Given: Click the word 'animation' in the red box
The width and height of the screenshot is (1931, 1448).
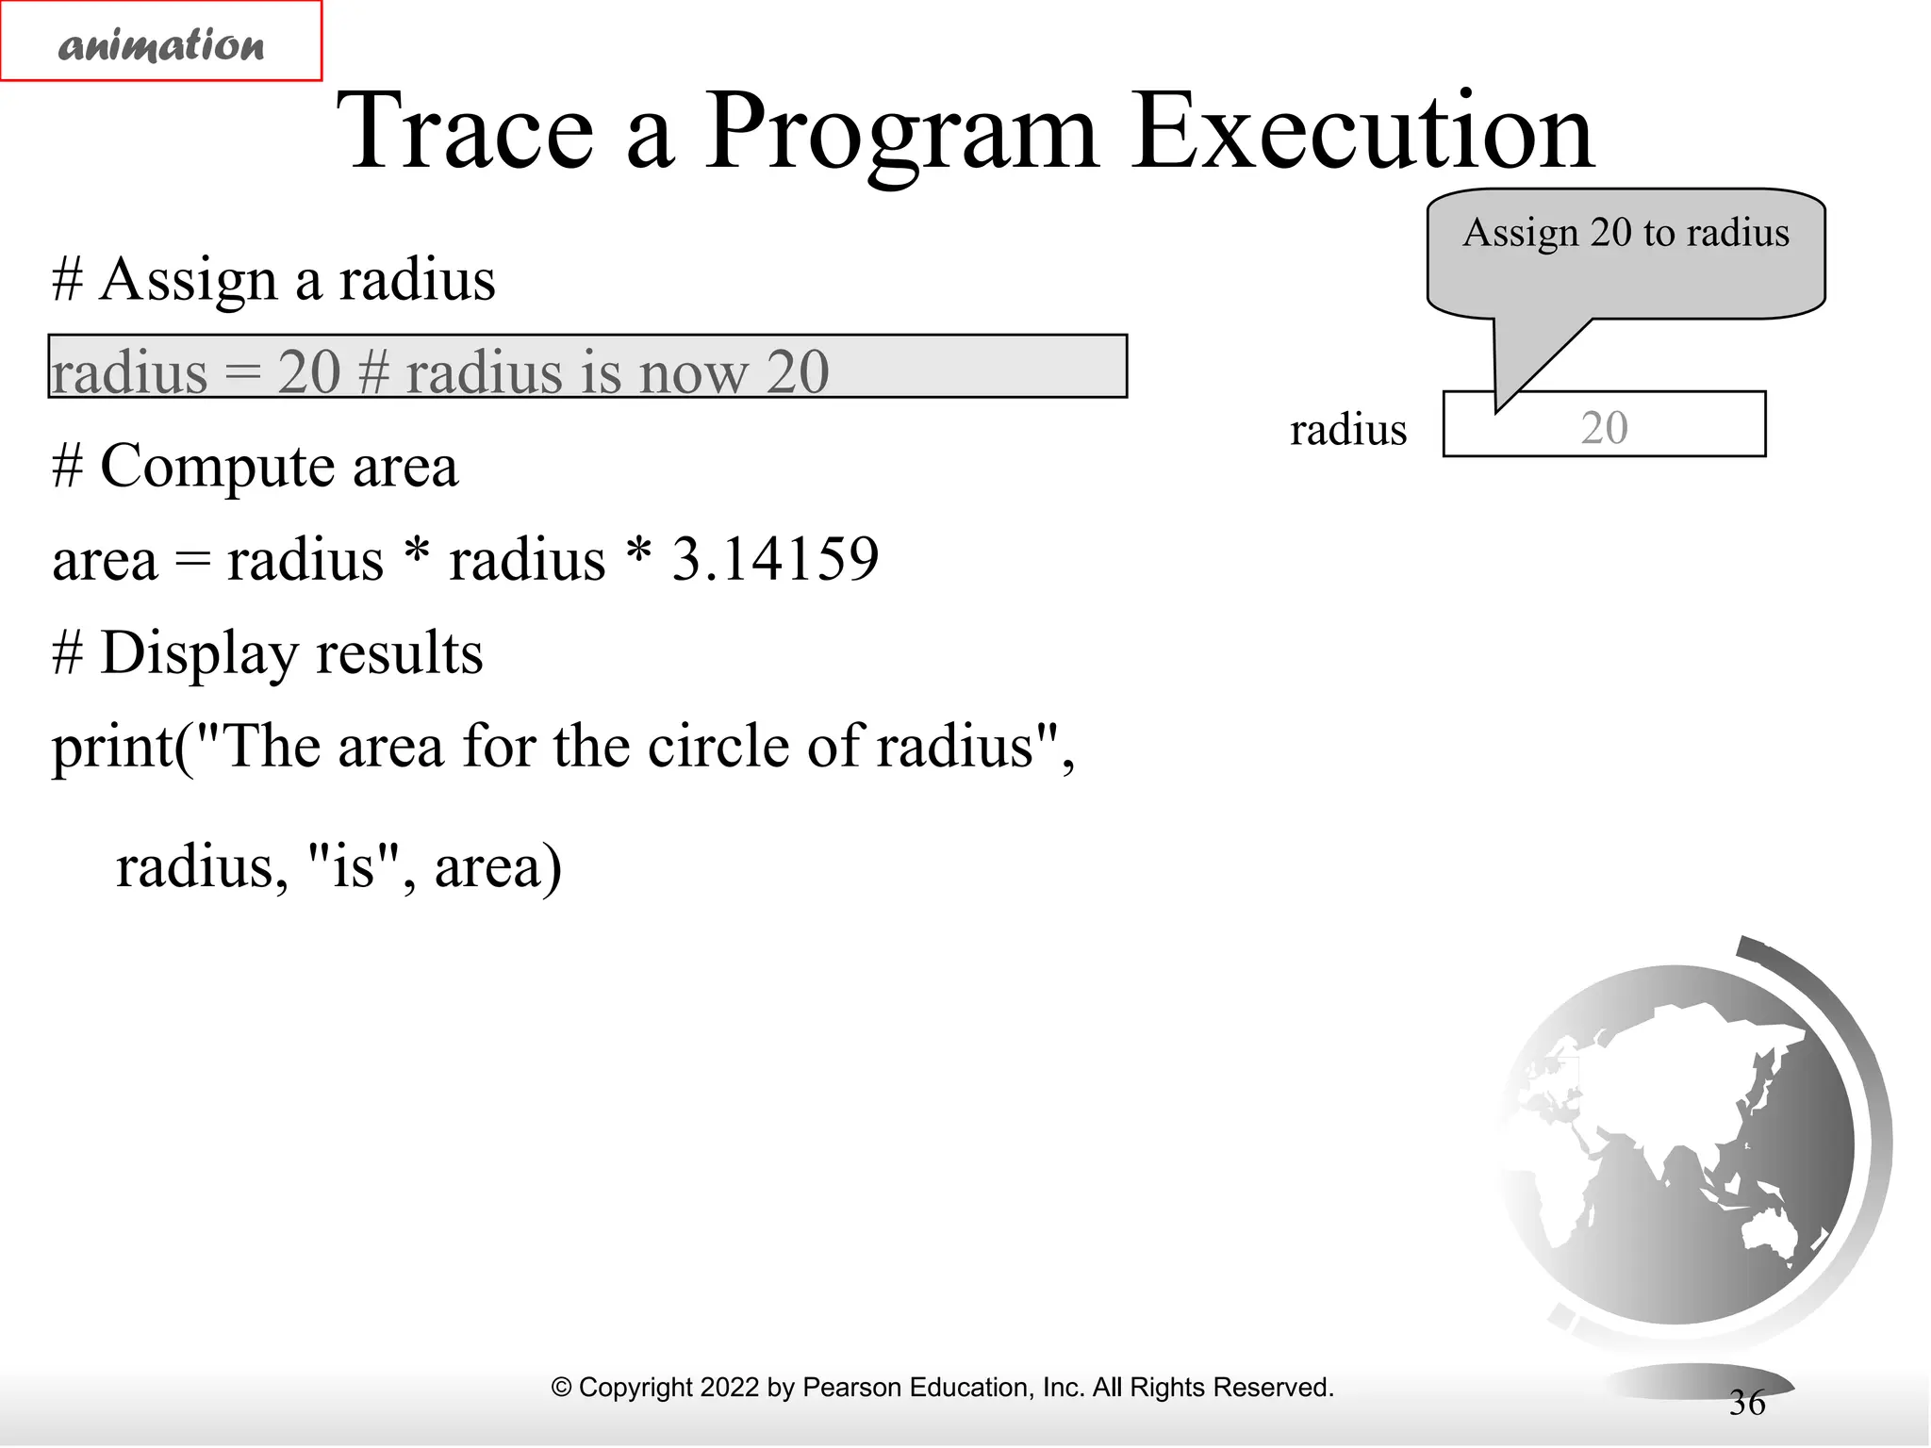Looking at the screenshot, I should (161, 45).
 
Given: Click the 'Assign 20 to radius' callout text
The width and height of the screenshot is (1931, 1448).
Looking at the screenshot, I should (1626, 233).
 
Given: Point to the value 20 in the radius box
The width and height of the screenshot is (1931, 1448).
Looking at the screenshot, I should (1604, 428).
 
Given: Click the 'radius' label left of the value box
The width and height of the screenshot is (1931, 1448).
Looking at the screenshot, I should (1347, 430).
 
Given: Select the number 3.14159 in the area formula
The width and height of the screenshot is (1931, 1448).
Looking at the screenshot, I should (775, 558).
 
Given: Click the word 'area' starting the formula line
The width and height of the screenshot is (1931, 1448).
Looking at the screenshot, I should (105, 560).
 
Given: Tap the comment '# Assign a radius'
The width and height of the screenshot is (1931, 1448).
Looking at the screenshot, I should (273, 280).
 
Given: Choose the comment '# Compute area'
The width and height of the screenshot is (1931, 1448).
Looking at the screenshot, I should (256, 467).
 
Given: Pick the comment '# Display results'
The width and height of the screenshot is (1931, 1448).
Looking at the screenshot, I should (268, 653).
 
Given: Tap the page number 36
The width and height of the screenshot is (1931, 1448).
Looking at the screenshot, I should (1746, 1403).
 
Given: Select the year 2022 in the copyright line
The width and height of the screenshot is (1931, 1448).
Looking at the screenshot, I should (729, 1388).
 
